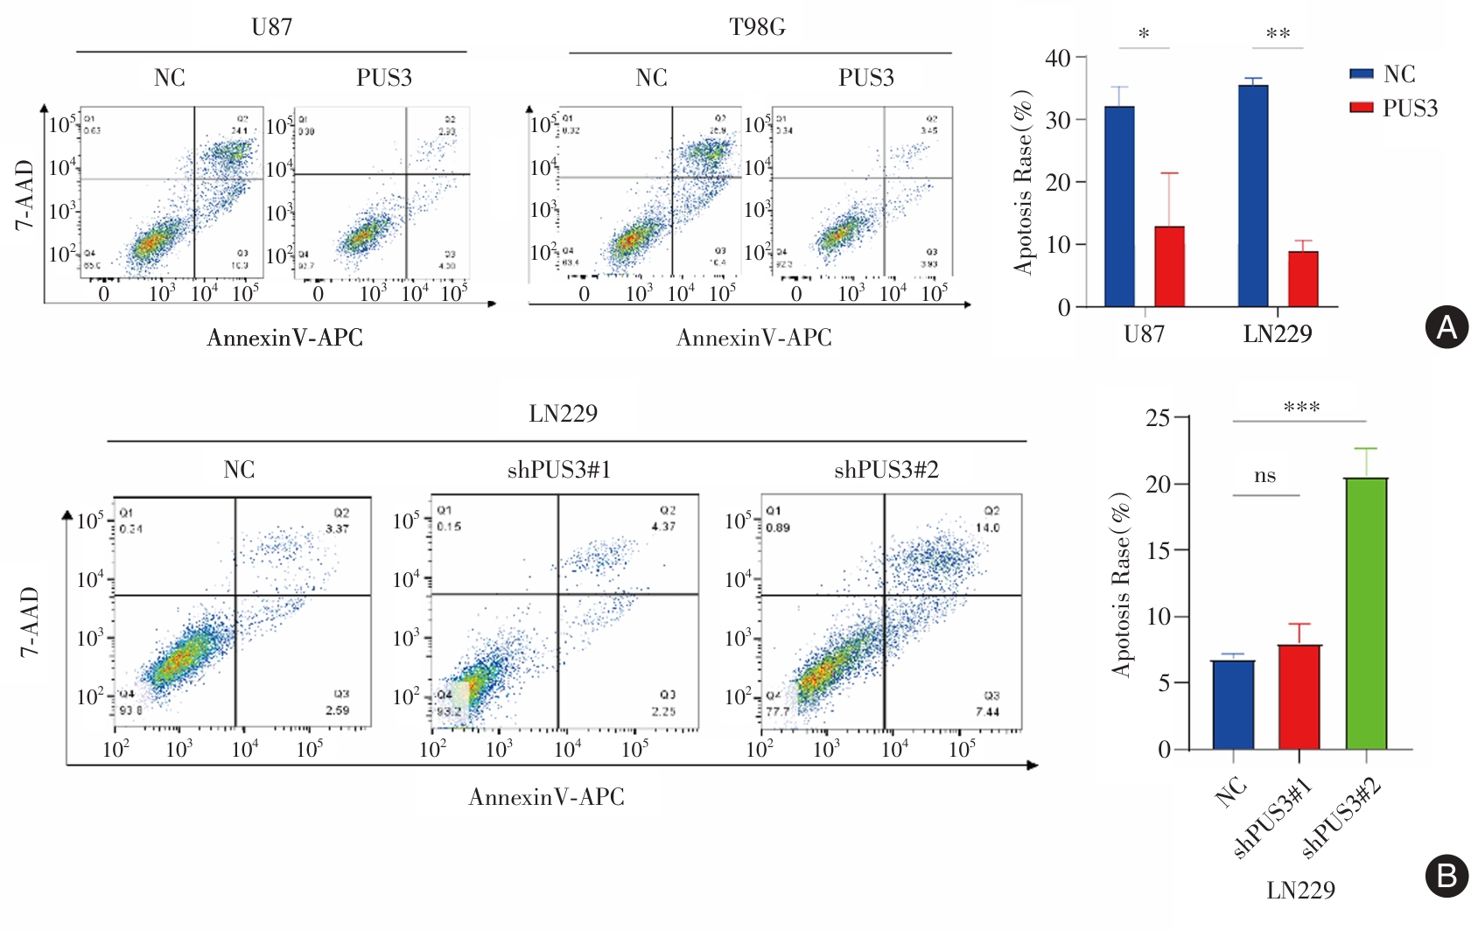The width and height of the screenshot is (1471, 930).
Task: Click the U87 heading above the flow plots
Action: (271, 27)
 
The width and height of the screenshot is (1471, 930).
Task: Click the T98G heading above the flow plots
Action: (757, 27)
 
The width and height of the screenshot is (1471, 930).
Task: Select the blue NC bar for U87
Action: (1119, 206)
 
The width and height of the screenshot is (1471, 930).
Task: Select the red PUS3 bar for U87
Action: (1169, 266)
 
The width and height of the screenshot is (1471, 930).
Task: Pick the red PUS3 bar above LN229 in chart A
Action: (1303, 279)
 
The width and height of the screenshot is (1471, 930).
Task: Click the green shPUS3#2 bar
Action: (1366, 613)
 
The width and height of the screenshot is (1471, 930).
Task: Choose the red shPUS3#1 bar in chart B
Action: (1299, 696)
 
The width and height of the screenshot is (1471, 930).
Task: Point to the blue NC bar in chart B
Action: (1233, 704)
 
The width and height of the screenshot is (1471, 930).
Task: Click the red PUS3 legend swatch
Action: (1361, 108)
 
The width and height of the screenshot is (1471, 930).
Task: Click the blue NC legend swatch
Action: (1361, 74)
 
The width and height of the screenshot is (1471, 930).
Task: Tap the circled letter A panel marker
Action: (1446, 327)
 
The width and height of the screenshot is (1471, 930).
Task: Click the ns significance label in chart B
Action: (1264, 476)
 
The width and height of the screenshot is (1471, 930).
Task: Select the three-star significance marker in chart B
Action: (1301, 408)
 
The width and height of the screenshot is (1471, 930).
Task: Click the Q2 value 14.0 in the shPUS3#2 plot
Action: (988, 528)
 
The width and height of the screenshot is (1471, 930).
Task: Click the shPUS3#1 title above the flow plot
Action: (559, 471)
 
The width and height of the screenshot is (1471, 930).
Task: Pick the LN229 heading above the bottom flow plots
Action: (563, 414)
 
